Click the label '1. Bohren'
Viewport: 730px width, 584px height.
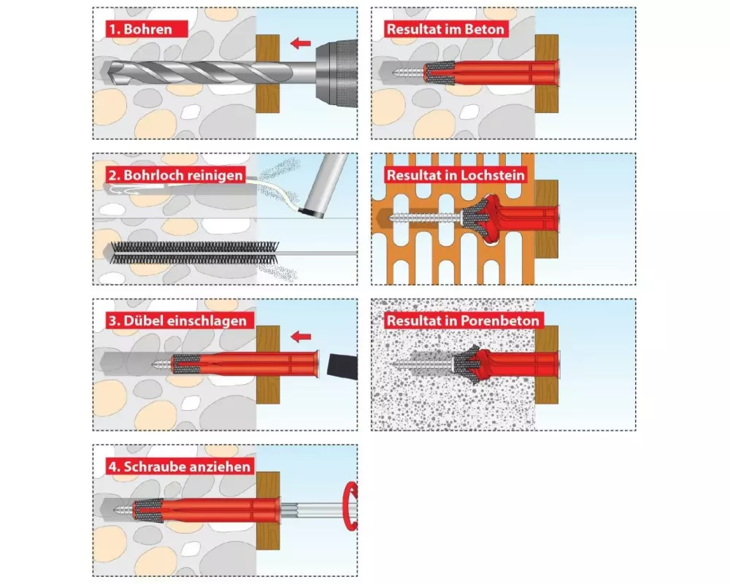pyautogui.click(x=140, y=29)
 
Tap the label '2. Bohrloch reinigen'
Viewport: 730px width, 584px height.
pyautogui.click(x=176, y=175)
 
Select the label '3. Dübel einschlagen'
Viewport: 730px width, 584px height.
pyautogui.click(x=178, y=321)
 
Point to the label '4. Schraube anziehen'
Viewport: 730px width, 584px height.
pyautogui.click(x=180, y=466)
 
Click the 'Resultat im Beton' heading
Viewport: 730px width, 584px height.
pyautogui.click(x=445, y=29)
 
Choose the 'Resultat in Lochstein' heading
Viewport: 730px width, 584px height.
pyautogui.click(x=456, y=175)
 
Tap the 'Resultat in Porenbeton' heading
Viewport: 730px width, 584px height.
pyautogui.click(x=463, y=321)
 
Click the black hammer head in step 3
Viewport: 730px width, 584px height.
pyautogui.click(x=343, y=366)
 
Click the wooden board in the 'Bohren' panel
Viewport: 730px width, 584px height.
pyautogui.click(x=268, y=74)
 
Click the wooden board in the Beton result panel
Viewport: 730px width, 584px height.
pyautogui.click(x=547, y=74)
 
